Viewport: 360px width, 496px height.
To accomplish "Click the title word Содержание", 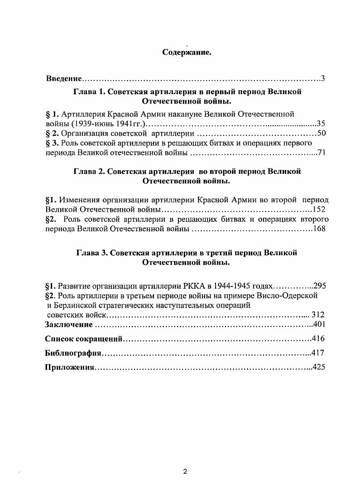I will [x=187, y=52].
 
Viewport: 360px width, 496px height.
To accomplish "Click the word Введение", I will [x=64, y=79].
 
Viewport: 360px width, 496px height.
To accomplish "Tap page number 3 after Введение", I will [x=323, y=79].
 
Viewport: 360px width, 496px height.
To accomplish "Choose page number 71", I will [x=322, y=153].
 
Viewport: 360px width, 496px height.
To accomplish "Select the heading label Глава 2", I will [x=88, y=172].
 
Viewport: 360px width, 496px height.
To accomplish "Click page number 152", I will [x=319, y=210].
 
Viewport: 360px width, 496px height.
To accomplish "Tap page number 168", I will [x=319, y=229].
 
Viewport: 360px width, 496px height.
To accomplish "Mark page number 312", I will [x=318, y=315].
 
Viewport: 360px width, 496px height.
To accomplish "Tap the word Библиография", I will [x=72, y=353].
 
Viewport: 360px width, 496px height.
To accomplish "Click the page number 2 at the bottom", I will [x=185, y=472].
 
